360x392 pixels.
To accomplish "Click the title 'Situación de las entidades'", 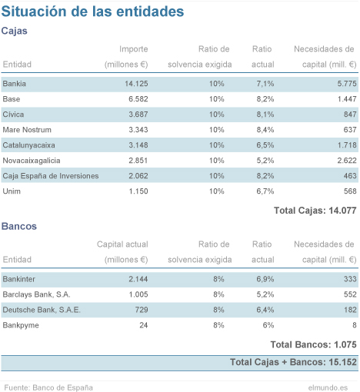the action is pyautogui.click(x=92, y=12).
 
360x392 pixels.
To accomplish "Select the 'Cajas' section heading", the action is pyautogui.click(x=15, y=31).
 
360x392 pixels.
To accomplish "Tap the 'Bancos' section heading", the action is pyautogui.click(x=19, y=226).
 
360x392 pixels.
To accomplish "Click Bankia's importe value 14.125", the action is pyautogui.click(x=136, y=84).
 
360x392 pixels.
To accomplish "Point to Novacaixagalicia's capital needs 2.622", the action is pyautogui.click(x=347, y=161).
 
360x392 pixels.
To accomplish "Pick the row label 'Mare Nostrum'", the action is pyautogui.click(x=27, y=130).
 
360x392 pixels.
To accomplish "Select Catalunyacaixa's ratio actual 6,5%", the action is pyautogui.click(x=265, y=145).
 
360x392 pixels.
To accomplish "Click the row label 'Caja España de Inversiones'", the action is pyautogui.click(x=51, y=176).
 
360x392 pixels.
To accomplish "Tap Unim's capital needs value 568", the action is pyautogui.click(x=350, y=191).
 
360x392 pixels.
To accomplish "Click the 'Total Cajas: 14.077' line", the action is pyautogui.click(x=315, y=211).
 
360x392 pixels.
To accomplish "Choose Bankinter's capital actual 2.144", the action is pyautogui.click(x=138, y=279).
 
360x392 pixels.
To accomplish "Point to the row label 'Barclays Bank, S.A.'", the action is pyautogui.click(x=36, y=294).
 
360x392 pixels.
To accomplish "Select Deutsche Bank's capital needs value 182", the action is pyautogui.click(x=350, y=310).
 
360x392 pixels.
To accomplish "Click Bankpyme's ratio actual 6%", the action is pyautogui.click(x=268, y=325).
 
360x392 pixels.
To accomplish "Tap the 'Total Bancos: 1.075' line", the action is pyautogui.click(x=313, y=345).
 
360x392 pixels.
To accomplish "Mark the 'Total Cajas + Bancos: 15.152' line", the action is pyautogui.click(x=293, y=362).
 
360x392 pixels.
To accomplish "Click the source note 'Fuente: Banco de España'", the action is pyautogui.click(x=48, y=387).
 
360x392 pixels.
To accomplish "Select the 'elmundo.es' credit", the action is pyautogui.click(x=328, y=387).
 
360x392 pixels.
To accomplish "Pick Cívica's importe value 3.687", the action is pyautogui.click(x=138, y=115).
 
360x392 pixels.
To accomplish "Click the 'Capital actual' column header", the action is pyautogui.click(x=122, y=244).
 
